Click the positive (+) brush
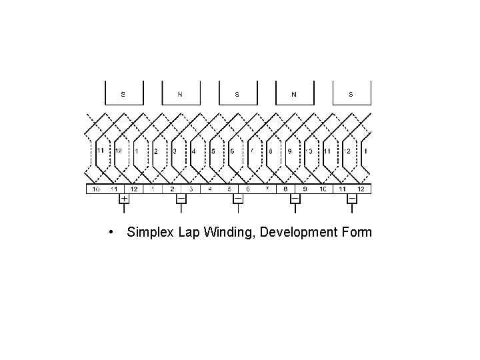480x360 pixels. click(124, 199)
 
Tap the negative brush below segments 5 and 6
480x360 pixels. click(238, 199)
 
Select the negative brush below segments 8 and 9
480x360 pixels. click(295, 199)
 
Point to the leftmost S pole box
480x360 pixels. click(123, 93)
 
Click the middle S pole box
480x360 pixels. click(237, 93)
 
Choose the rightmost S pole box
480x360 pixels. click(351, 93)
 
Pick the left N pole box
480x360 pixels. click(180, 93)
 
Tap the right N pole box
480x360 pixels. click(294, 93)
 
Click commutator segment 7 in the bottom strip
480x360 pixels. click(267, 189)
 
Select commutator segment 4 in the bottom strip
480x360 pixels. click(210, 189)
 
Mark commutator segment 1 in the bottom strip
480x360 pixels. click(153, 189)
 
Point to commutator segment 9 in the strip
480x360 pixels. click(305, 189)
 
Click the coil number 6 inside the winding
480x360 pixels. click(232, 151)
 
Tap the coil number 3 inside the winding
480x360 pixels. click(175, 151)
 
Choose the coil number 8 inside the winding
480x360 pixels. click(271, 151)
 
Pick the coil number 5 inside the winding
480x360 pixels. click(213, 151)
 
